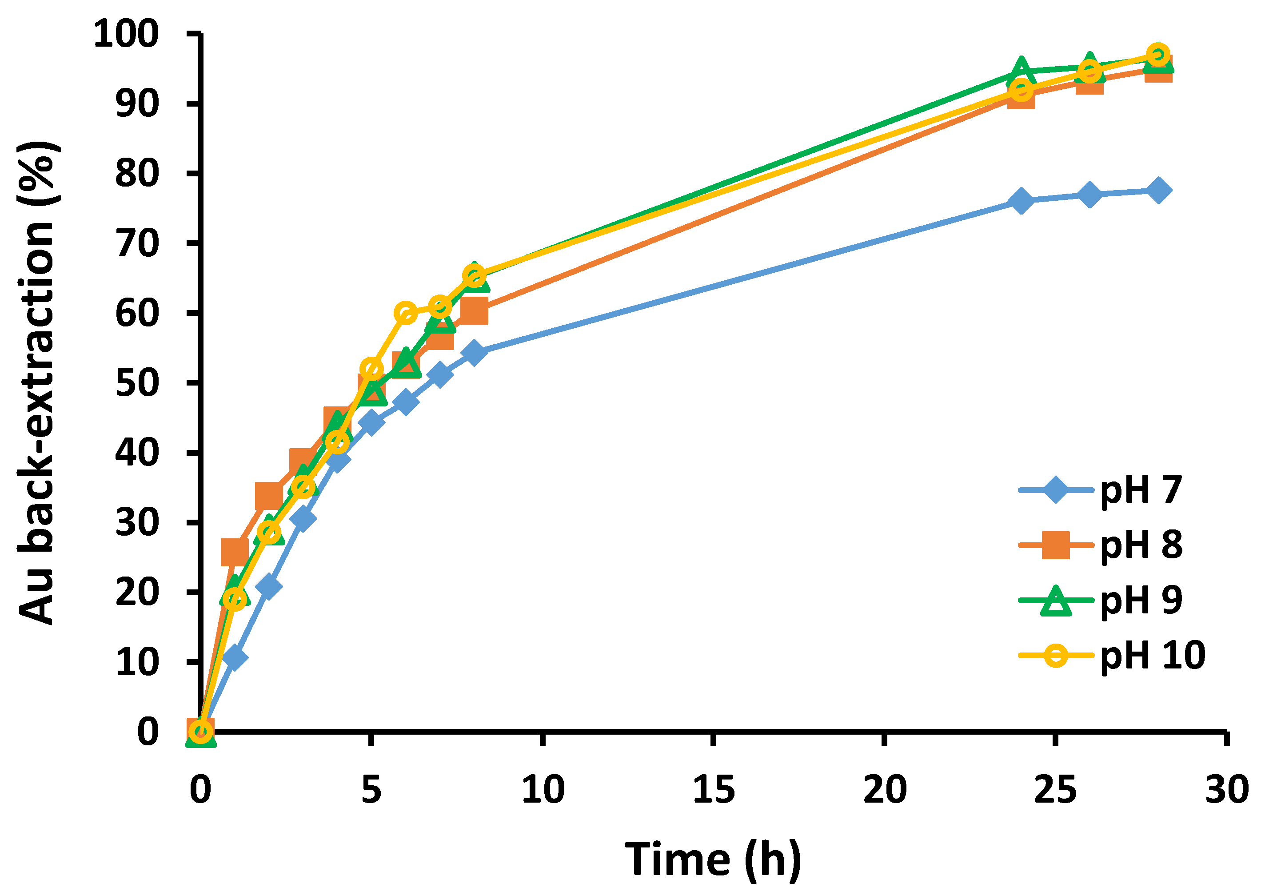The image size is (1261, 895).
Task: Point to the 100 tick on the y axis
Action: (x=126, y=34)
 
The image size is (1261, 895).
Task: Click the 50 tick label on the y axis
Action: (x=137, y=383)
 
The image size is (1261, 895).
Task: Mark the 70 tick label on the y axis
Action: (x=137, y=243)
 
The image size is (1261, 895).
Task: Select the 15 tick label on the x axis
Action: (x=713, y=790)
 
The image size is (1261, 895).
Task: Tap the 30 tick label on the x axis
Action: (x=1226, y=790)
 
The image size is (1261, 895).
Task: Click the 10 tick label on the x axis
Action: (x=543, y=790)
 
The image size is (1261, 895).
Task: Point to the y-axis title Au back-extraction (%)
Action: (x=36, y=382)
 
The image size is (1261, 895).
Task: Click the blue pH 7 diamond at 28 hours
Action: (x=1158, y=191)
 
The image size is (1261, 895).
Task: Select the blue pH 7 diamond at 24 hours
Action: (x=1021, y=201)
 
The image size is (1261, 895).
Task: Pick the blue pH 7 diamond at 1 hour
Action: (x=235, y=658)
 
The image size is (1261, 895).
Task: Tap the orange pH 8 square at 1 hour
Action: (x=234, y=551)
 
